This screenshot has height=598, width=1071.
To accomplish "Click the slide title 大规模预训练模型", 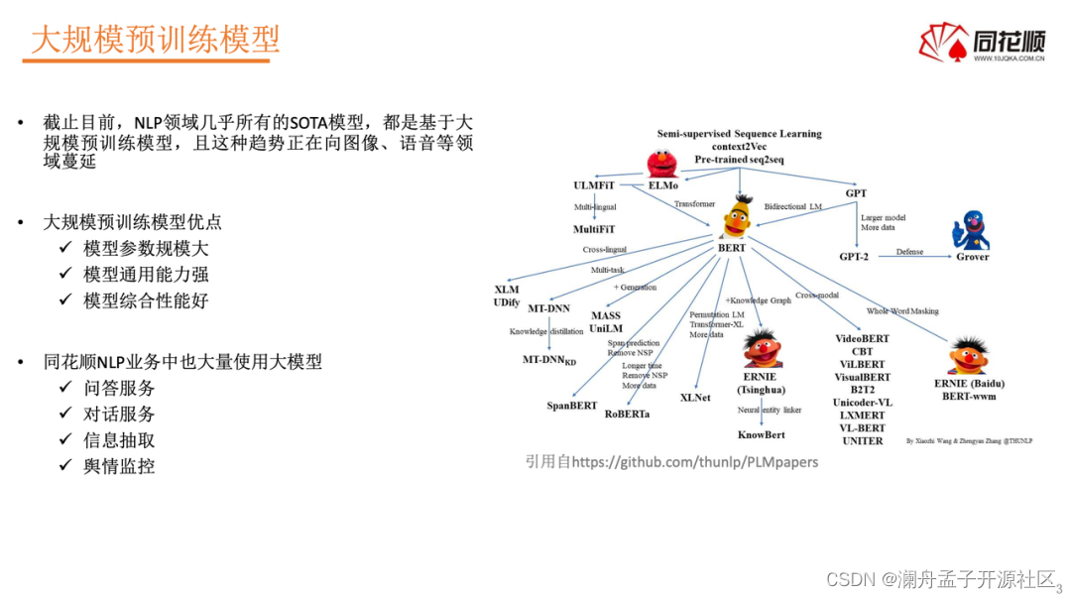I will [x=156, y=40].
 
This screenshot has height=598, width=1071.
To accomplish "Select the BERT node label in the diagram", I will [x=732, y=248].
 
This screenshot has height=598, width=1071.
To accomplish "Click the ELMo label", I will [x=663, y=185].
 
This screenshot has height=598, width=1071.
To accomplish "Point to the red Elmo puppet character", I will [x=661, y=163].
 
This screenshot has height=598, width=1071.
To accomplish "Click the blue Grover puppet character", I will [x=971, y=230].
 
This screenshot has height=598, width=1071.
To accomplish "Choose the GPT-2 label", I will [x=856, y=257].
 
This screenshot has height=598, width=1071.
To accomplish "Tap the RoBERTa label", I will [x=628, y=414].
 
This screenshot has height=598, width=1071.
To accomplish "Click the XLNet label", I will [x=696, y=397].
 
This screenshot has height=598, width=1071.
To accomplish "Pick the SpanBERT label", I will [x=571, y=406].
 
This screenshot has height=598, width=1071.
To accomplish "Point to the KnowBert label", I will [x=762, y=435].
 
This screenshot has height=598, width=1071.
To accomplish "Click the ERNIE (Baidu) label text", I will [x=967, y=383].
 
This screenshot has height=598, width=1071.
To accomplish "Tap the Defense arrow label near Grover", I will [x=909, y=252].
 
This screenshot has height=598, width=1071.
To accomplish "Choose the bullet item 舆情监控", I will [x=119, y=466].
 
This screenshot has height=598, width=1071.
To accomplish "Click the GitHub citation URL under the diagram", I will [x=671, y=462].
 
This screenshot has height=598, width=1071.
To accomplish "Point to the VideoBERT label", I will [x=862, y=338].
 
